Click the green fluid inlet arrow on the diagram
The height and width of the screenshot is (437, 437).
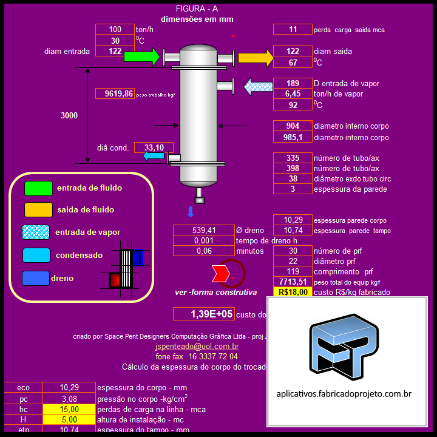tap(141, 57)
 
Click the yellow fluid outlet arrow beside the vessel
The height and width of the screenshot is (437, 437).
tap(256, 58)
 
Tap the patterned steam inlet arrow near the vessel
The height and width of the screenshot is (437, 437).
tap(258, 86)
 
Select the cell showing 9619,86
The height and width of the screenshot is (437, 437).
tap(115, 93)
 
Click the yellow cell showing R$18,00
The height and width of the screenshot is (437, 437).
tap(293, 292)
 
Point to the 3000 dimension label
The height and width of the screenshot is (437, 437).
tap(69, 115)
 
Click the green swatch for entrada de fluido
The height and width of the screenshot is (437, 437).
tap(38, 188)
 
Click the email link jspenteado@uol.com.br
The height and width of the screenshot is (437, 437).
tap(197, 347)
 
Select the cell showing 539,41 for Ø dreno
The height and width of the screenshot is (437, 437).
tap(203, 230)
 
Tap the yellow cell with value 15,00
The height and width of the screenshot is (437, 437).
tap(69, 409)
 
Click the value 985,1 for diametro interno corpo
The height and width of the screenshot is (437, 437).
tap(293, 138)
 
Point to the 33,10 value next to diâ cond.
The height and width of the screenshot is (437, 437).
tap(154, 147)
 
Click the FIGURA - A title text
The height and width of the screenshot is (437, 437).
tap(196, 8)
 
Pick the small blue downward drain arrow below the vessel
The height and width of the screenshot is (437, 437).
tap(190, 211)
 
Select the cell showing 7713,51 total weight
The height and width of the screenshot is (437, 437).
tap(293, 282)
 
